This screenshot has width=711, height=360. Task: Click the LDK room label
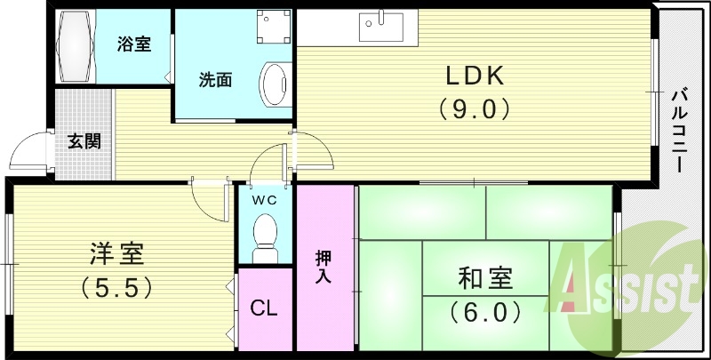click(475, 76)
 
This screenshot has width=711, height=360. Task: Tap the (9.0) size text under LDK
click(475, 109)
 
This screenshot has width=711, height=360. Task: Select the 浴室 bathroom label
click(134, 44)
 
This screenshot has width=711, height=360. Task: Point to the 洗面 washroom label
click(214, 79)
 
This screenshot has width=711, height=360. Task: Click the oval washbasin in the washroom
click(273, 83)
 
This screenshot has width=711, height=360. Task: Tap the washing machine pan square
click(272, 30)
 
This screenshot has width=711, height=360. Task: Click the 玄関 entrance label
click(84, 140)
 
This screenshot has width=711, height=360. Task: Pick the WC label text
click(264, 199)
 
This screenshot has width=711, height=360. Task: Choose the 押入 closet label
click(324, 268)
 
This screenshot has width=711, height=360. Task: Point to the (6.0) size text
click(485, 312)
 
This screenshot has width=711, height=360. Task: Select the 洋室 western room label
click(116, 254)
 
